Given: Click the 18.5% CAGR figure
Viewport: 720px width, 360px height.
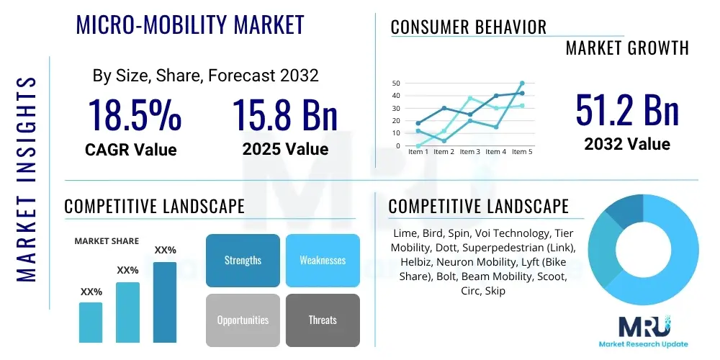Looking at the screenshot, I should point(135,115).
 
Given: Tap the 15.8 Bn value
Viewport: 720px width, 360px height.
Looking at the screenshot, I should point(285,115).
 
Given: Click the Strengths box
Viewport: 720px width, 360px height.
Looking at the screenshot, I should point(243,260).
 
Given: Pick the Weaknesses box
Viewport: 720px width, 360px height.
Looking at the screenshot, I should point(323,260).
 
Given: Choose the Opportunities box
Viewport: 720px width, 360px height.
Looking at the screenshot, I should point(243,320).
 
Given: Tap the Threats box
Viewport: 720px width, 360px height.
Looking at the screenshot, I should point(323,320).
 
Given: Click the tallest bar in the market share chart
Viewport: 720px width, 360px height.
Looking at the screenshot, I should point(165,302).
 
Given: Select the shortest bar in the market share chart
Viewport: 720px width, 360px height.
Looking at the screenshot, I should point(91,322).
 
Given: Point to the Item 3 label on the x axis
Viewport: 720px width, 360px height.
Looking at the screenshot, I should point(470,152).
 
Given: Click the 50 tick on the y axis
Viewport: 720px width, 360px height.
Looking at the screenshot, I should point(396,84).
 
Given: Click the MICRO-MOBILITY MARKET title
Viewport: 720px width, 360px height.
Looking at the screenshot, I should point(190,25).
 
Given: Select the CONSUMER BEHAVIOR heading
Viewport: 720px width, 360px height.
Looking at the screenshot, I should point(468,27).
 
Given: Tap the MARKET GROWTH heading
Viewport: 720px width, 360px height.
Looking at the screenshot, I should point(627,48).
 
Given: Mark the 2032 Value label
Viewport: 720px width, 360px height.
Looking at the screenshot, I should point(627,143).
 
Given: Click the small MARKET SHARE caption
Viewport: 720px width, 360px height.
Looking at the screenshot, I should point(107,241).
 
